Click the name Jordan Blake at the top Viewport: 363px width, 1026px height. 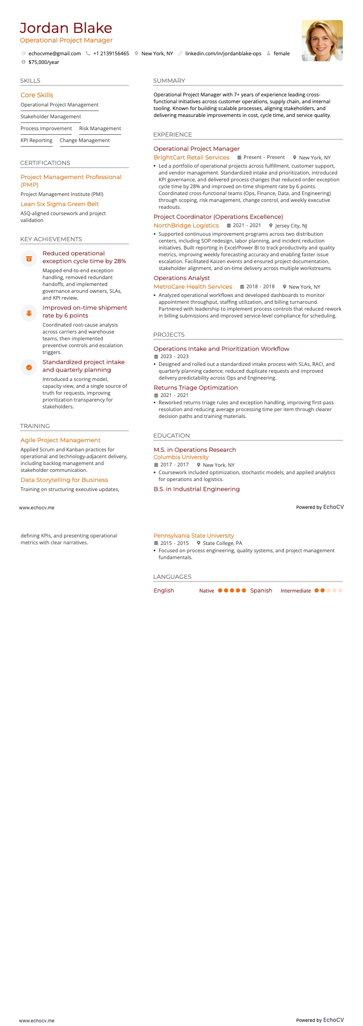click(x=66, y=28)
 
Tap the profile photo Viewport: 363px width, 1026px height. click(x=322, y=41)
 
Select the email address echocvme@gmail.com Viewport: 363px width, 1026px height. click(x=54, y=53)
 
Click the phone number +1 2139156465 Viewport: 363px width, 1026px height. click(x=111, y=53)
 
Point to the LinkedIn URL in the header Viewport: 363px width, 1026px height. click(x=223, y=53)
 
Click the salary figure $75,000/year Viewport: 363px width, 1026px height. click(x=43, y=62)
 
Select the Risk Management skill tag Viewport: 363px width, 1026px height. click(x=100, y=128)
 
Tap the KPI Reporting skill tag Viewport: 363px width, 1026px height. click(x=36, y=140)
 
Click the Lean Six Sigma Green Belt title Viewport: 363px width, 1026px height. click(x=59, y=204)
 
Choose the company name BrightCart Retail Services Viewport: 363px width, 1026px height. click(x=191, y=158)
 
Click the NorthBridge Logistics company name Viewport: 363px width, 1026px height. click(x=186, y=226)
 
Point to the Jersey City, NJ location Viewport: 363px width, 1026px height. click(x=291, y=226)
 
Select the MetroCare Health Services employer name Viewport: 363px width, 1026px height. click(x=192, y=287)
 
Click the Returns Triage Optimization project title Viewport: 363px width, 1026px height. click(x=195, y=388)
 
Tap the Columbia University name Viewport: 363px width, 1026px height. click(x=181, y=457)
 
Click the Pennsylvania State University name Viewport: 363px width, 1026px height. click(x=193, y=536)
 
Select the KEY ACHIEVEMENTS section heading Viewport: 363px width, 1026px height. click(x=51, y=239)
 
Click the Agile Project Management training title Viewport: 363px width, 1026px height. click(x=60, y=440)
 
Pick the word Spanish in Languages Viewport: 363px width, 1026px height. click(x=261, y=591)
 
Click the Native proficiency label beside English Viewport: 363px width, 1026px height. click(x=206, y=591)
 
